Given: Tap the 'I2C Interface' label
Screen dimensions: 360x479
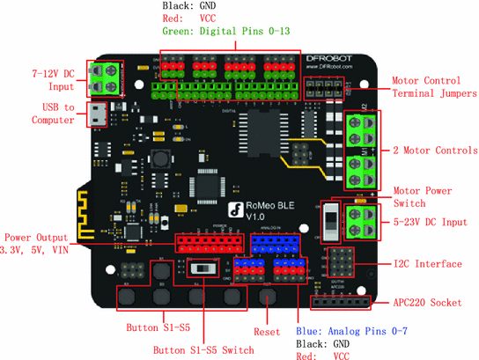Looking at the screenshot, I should tap(429, 264).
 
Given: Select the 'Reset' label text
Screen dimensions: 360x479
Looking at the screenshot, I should tap(266, 333).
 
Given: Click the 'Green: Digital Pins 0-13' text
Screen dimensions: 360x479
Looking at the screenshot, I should tap(225, 32).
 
